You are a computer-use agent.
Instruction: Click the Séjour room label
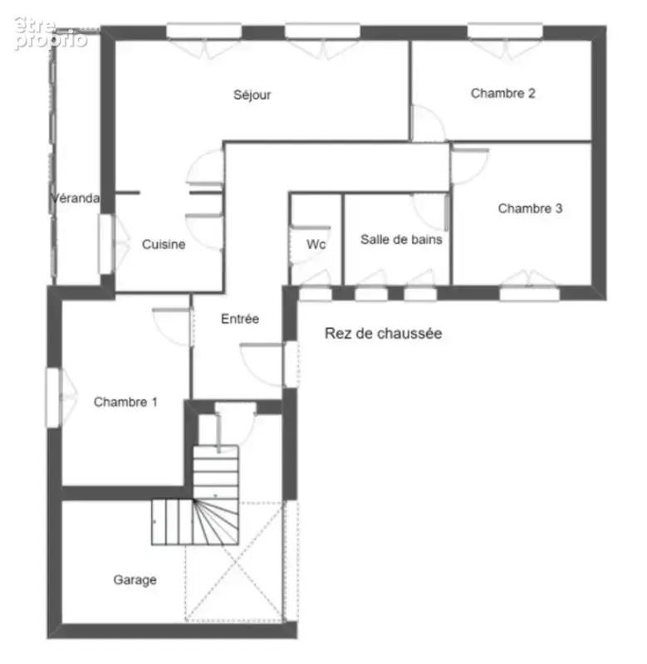click(252, 95)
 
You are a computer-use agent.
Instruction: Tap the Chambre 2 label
click(503, 93)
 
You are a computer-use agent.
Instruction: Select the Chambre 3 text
click(530, 208)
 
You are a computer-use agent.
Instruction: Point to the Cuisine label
click(164, 244)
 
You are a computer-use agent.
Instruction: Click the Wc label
click(316, 244)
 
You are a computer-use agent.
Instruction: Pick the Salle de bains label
click(401, 240)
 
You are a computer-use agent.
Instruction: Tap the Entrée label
click(240, 319)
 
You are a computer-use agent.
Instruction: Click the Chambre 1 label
click(125, 402)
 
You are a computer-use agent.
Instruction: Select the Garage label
click(135, 579)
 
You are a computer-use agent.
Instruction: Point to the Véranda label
click(76, 198)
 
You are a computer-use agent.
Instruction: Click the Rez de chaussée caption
click(384, 334)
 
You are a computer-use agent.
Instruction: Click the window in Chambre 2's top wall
click(505, 31)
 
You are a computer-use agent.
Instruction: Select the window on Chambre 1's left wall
click(53, 398)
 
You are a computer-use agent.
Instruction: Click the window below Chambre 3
click(529, 294)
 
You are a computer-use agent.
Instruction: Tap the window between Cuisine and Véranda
click(105, 244)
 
